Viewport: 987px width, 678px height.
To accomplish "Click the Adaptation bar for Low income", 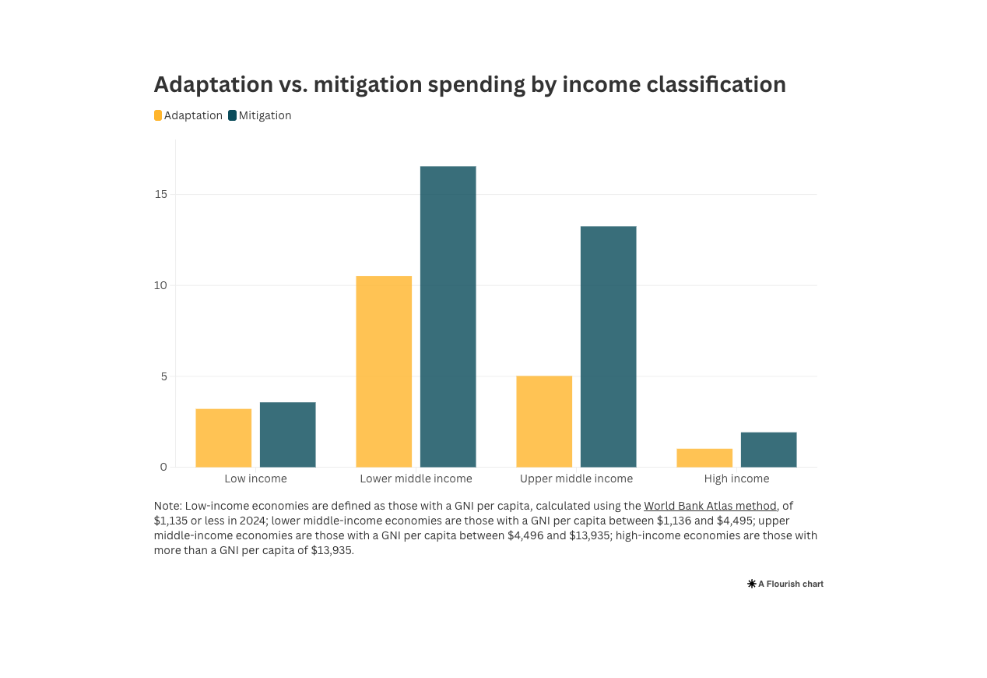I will tap(223, 438).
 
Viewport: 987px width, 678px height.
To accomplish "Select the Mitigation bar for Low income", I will tap(287, 435).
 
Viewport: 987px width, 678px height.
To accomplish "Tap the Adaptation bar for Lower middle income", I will tap(384, 372).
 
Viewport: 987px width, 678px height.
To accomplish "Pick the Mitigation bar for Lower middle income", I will tap(448, 316).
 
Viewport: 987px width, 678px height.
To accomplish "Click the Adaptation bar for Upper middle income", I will tap(544, 422).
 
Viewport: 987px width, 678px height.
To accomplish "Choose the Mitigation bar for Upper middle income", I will tap(608, 347).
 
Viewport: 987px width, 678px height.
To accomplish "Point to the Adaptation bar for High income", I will tap(704, 458).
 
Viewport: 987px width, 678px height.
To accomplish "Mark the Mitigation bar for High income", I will tap(768, 450).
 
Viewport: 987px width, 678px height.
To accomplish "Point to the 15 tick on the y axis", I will tap(161, 194).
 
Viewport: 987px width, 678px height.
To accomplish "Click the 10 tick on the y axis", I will tap(161, 285).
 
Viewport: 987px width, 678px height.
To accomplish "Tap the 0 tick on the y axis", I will tap(163, 467).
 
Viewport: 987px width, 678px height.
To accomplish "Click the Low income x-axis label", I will tap(255, 478).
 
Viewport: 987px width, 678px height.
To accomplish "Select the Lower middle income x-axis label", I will tap(416, 478).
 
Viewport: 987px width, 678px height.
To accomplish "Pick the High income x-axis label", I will tap(736, 478).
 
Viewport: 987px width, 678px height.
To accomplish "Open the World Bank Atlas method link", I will tap(710, 506).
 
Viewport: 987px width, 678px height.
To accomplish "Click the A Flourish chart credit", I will tap(785, 584).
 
